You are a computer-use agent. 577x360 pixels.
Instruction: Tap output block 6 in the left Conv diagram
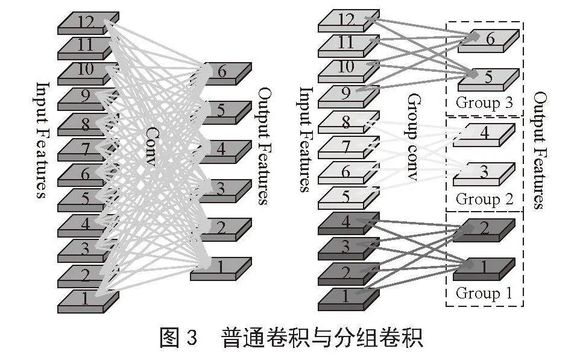[221, 72]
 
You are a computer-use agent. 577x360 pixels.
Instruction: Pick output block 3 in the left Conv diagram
[221, 190]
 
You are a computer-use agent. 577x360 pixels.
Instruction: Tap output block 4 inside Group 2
[485, 133]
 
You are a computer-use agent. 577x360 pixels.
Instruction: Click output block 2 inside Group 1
[485, 229]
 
